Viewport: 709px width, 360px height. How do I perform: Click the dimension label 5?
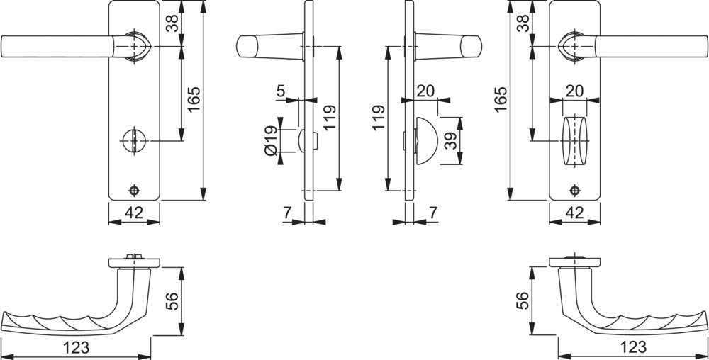pos(281,91)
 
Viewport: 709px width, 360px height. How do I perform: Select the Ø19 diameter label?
pos(272,141)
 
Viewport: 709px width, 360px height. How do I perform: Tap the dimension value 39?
pos(450,141)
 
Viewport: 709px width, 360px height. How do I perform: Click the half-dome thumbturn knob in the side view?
pos(426,140)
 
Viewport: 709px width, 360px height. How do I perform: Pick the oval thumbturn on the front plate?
pos(575,141)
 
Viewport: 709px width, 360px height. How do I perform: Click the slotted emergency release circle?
pos(134,140)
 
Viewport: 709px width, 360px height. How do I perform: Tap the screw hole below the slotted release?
pos(134,191)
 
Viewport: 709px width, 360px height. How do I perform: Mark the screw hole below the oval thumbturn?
pos(575,191)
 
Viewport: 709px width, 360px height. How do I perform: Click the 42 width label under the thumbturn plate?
pos(575,213)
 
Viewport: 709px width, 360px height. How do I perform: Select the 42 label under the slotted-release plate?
pos(134,213)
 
